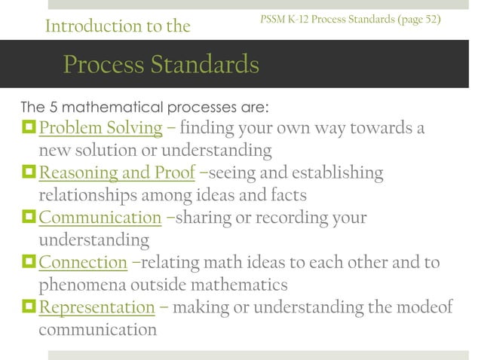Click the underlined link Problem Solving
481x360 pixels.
(x=100, y=129)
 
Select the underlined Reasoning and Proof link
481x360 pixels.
(x=117, y=174)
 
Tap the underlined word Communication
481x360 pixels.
(x=100, y=218)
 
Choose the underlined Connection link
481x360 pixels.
(x=83, y=263)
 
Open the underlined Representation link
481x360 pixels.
(x=97, y=307)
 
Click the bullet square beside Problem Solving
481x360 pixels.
(x=29, y=128)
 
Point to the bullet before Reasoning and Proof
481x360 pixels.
(x=29, y=173)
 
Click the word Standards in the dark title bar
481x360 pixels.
(x=206, y=65)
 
